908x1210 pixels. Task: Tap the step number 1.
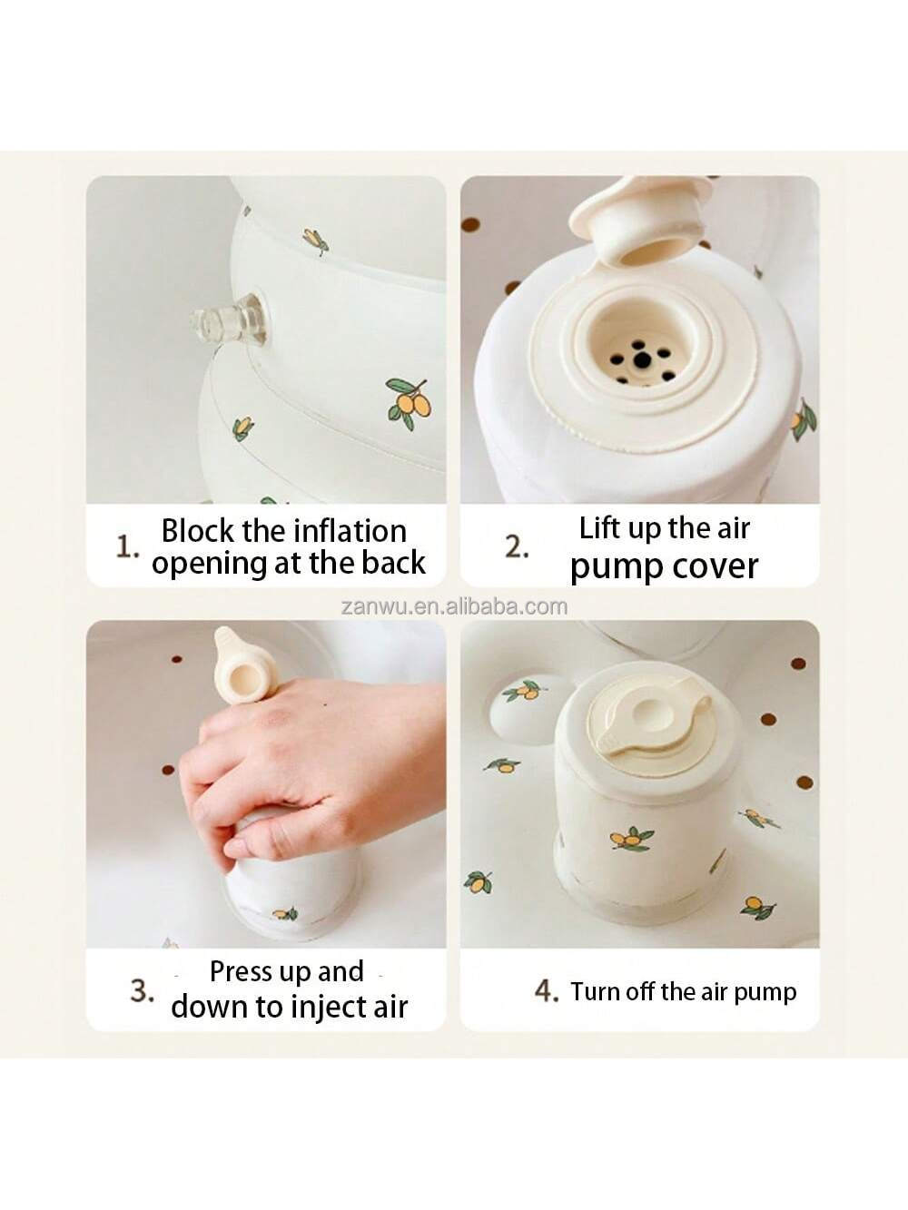(x=127, y=546)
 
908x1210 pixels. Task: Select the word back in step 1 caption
(x=393, y=563)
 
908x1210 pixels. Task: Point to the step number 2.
(x=517, y=546)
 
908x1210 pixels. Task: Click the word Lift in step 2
(x=600, y=527)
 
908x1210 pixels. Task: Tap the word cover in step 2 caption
(x=716, y=566)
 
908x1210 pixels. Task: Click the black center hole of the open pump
(x=643, y=360)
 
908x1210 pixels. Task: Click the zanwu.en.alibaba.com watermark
(x=454, y=606)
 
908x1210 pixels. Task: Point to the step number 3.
(x=142, y=989)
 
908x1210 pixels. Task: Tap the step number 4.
(x=546, y=990)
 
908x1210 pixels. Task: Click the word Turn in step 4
(x=596, y=991)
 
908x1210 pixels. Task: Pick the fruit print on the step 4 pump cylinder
(x=627, y=838)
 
